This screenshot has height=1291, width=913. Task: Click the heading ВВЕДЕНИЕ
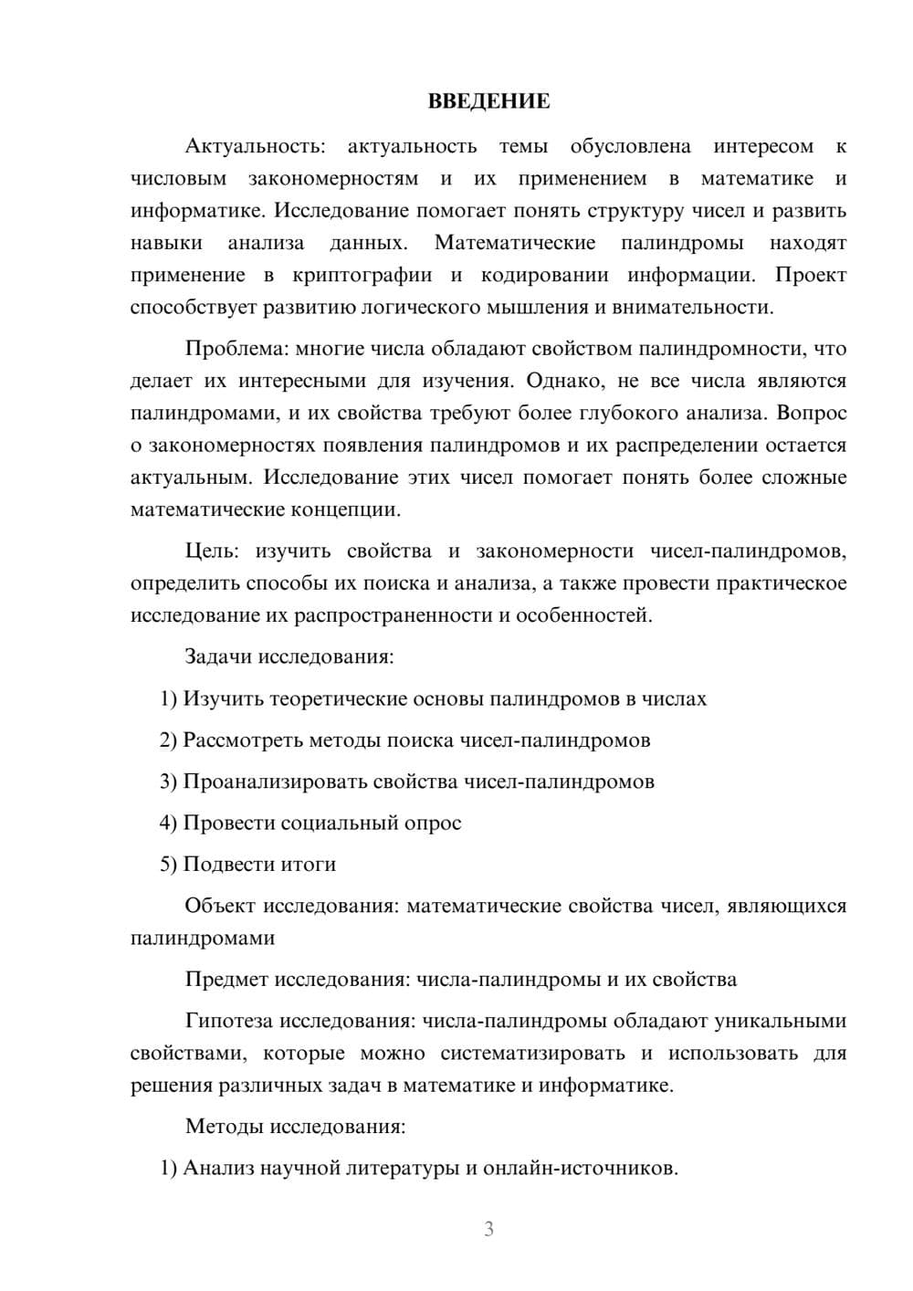pos(488,101)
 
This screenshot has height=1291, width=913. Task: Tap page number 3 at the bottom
pos(488,1229)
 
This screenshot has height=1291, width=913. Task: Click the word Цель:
pos(212,551)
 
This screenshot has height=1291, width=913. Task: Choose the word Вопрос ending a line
pos(812,413)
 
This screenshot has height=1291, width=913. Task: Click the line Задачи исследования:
pos(289,656)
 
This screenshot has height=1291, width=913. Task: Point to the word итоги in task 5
pos(310,864)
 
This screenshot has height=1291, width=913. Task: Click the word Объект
pos(220,906)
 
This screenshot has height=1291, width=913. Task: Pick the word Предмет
pos(226,980)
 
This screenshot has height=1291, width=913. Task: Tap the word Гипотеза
pos(227,1021)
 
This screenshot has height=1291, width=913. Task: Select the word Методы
pos(224,1126)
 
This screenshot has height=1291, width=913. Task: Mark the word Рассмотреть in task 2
pos(243,740)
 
